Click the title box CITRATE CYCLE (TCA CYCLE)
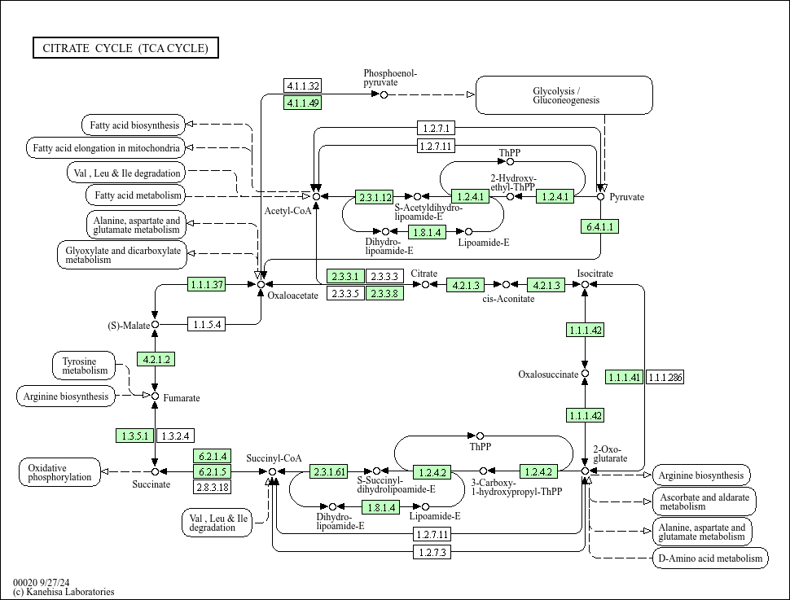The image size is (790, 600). tap(125, 48)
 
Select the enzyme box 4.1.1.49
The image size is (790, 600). tap(302, 102)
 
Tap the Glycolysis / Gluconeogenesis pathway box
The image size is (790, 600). tap(564, 95)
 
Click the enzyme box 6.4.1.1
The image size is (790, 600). tap(600, 226)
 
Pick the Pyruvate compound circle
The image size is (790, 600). tap(601, 196)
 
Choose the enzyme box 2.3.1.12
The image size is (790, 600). tap(375, 197)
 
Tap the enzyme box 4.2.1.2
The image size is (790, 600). tap(156, 359)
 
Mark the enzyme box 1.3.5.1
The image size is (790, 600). tap(135, 436)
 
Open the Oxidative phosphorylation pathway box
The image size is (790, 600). tap(59, 472)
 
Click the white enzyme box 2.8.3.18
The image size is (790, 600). tap(212, 487)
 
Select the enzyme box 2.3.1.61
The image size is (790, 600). tap(329, 471)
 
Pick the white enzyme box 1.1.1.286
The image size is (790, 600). tap(665, 377)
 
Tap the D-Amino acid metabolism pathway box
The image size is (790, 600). tap(710, 558)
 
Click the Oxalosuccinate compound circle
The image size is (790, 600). tap(585, 374)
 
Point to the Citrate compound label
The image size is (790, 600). tap(424, 274)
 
